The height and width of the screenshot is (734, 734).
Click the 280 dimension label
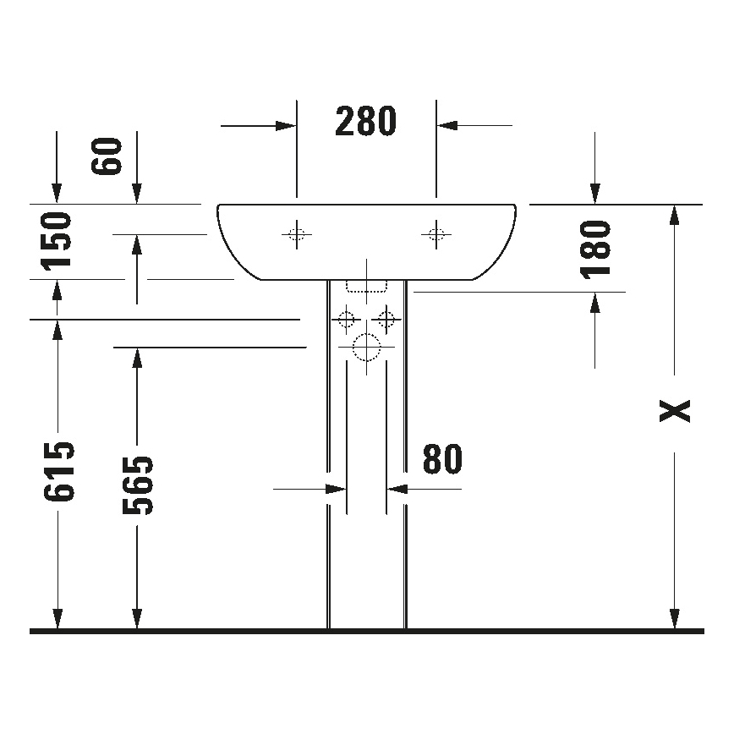tap(365, 123)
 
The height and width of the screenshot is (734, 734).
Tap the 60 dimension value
tap(108, 156)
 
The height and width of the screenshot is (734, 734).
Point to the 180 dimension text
tap(596, 249)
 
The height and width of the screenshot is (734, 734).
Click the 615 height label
tap(58, 472)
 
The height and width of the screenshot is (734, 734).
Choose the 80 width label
tap(442, 459)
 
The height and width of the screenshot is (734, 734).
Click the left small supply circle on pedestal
tap(345, 320)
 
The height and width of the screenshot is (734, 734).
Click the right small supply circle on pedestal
tap(387, 320)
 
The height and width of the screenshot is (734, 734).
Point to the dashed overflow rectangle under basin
tap(366, 285)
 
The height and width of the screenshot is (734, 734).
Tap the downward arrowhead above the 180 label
tap(595, 194)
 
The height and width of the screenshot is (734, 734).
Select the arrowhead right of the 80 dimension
tap(397, 489)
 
